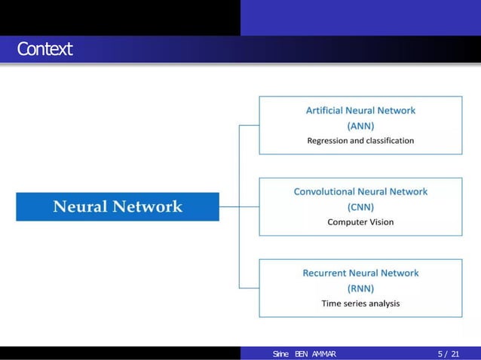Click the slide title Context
[45, 50]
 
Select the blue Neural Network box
[118, 206]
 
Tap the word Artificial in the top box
[326, 110]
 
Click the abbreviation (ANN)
[360, 125]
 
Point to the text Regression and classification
[360, 140]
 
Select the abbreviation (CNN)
[360, 206]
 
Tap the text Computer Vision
[360, 222]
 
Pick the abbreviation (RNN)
[360, 288]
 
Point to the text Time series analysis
[360, 304]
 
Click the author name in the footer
[305, 354]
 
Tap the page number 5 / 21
[447, 354]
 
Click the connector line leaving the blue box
[229, 206]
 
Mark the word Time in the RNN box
[331, 304]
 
